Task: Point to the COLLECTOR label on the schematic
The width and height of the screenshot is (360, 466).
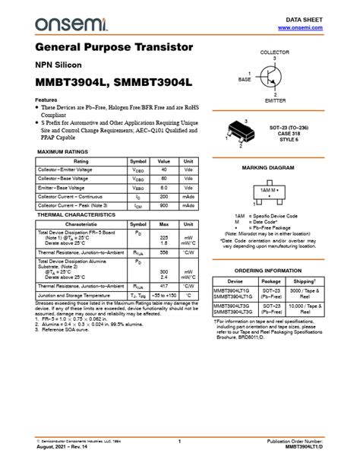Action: pos(274,52)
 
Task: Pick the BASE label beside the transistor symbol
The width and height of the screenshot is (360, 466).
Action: pos(245,79)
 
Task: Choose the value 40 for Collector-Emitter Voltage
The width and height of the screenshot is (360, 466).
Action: pos(163,169)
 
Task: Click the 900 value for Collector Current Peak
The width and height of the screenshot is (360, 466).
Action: pos(163,205)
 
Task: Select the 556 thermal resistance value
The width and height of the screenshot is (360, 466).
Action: pos(163,252)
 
